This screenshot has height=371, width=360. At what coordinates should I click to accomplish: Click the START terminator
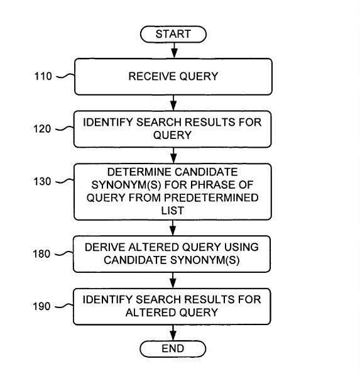coord(173,34)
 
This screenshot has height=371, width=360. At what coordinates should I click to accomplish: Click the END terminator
coord(173,348)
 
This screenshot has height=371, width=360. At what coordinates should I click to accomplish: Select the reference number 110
coord(43,76)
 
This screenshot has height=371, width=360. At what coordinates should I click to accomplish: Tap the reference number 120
coord(42,129)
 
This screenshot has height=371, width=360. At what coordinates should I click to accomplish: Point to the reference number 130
coord(42,182)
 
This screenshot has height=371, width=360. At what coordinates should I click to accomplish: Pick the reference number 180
coord(41,254)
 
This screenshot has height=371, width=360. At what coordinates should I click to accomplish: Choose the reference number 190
coord(41,306)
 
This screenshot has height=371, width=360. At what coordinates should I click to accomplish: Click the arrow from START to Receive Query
coord(174,50)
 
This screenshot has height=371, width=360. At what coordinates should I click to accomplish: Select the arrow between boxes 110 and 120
coord(173,103)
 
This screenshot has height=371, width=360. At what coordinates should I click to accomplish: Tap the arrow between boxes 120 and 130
coord(173,155)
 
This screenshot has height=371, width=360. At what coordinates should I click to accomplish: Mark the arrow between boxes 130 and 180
coord(173,228)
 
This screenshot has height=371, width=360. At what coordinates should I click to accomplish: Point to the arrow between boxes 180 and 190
coord(173,280)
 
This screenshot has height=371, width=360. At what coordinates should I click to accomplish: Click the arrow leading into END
coord(173,333)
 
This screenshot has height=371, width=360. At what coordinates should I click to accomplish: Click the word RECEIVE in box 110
coord(152,76)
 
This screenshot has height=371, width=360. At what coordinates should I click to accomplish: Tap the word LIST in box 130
coord(173,211)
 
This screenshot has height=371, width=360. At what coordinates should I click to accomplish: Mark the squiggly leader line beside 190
coord(64,306)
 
